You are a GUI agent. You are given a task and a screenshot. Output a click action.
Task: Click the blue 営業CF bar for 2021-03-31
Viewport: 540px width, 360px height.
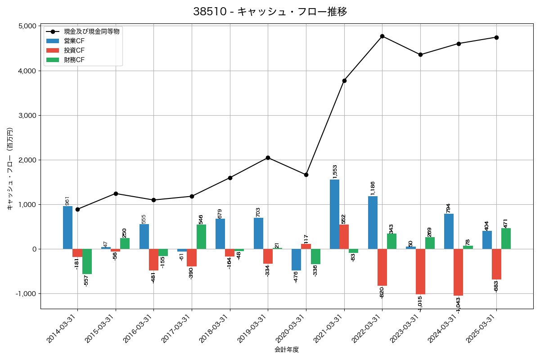334,214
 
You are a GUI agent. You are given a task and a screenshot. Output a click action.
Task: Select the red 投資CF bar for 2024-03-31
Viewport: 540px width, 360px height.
458,272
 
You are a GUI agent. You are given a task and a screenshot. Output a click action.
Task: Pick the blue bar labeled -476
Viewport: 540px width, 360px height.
296,260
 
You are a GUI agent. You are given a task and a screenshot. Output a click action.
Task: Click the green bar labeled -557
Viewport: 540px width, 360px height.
87,261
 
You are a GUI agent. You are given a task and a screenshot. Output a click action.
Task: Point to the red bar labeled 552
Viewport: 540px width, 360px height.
344,237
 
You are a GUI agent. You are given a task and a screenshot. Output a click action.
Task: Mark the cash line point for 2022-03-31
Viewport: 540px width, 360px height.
382,36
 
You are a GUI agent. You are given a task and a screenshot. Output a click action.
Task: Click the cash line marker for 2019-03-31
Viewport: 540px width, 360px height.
268,157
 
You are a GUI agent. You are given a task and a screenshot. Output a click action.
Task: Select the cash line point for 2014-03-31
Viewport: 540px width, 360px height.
77,209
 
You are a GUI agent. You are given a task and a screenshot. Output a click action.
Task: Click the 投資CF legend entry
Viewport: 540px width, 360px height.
74,50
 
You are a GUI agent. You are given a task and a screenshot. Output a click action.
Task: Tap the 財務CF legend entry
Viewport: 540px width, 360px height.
74,60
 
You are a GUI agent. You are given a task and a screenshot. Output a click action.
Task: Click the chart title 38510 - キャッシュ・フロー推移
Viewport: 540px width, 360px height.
270,12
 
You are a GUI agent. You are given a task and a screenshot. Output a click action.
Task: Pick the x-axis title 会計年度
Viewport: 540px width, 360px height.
287,350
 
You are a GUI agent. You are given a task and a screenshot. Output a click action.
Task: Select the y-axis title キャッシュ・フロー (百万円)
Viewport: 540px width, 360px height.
10,169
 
